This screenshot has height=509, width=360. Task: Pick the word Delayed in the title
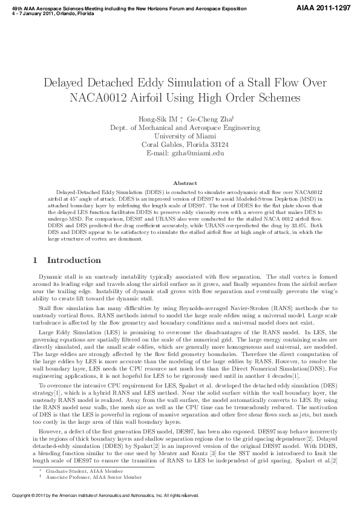tap(68, 82)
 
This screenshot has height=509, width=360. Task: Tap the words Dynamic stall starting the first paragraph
tap(55, 276)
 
